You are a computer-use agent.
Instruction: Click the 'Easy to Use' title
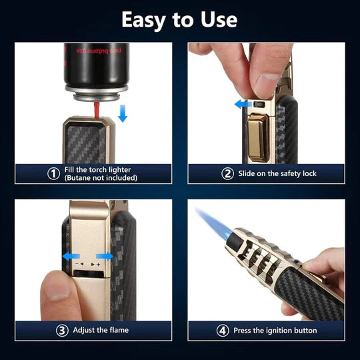click(x=179, y=19)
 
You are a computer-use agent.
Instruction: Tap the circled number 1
click(x=54, y=173)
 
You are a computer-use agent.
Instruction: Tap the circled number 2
click(x=227, y=173)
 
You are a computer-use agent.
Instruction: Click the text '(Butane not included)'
click(x=101, y=178)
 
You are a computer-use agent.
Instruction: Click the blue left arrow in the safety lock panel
click(x=244, y=104)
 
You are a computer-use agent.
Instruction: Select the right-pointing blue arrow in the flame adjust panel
click(x=105, y=255)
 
